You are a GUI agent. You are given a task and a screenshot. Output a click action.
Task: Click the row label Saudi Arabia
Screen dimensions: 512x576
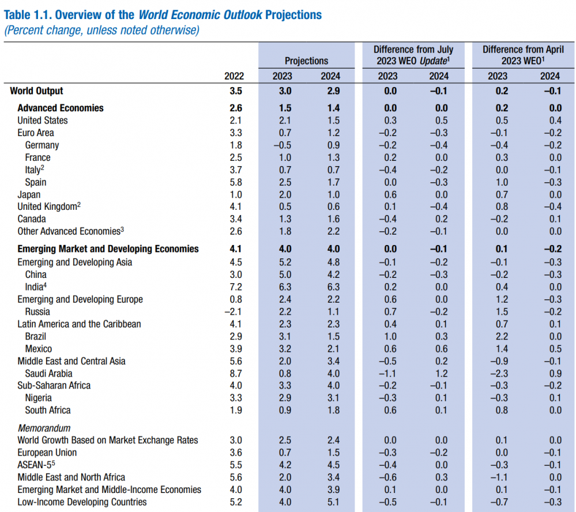(48, 374)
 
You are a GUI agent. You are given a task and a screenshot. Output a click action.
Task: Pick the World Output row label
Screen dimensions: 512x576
(36, 91)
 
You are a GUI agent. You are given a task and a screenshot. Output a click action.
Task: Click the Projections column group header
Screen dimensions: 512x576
(306, 61)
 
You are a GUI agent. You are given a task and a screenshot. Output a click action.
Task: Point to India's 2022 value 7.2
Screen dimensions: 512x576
(236, 287)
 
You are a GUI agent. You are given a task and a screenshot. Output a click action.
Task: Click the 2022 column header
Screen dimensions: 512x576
(234, 76)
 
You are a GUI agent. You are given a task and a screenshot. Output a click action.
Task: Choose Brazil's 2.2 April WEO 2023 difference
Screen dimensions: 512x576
(501, 337)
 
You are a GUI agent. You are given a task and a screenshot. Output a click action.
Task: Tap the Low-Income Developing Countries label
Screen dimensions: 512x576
(82, 502)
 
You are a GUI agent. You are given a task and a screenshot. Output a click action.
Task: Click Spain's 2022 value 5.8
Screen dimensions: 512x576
(236, 182)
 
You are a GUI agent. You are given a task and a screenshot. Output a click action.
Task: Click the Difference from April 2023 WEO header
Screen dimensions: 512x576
(523, 55)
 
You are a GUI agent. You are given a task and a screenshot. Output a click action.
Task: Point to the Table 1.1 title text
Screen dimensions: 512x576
(163, 14)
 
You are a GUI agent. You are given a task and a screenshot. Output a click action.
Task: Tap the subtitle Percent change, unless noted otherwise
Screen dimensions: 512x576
(101, 31)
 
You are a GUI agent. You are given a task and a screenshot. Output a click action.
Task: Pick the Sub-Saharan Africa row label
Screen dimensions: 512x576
(54, 386)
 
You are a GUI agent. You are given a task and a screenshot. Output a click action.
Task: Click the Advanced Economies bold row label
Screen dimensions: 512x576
(61, 108)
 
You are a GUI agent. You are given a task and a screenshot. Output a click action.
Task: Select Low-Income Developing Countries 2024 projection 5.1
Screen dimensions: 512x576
(333, 502)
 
